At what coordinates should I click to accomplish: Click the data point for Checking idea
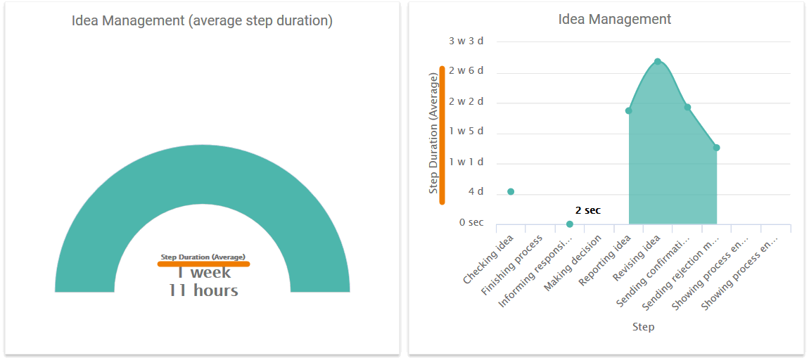pos(511,191)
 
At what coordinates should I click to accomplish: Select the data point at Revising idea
pos(658,62)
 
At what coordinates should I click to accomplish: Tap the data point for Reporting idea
pos(628,110)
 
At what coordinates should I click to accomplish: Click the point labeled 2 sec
pos(570,224)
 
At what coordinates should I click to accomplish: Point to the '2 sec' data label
pos(588,210)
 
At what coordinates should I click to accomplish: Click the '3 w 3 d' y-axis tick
pos(466,41)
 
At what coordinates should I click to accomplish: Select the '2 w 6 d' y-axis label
pos(466,71)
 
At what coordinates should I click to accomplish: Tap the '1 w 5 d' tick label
pos(466,131)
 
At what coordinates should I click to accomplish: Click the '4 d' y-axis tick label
pos(476,192)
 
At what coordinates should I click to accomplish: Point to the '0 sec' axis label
pos(471,222)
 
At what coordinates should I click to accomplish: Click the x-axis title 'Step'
pos(643,327)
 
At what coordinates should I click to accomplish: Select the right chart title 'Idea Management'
pos(615,19)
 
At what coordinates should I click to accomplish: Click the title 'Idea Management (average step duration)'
pos(202,20)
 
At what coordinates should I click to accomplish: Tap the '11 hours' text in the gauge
pos(203,290)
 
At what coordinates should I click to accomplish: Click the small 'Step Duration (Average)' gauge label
pos(203,257)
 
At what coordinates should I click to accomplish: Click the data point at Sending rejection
pos(716,148)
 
